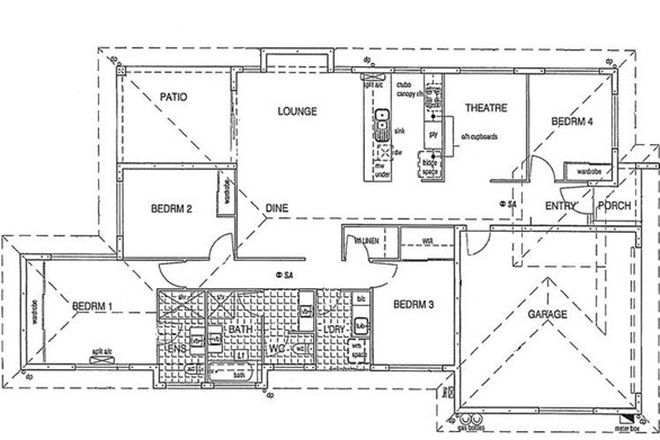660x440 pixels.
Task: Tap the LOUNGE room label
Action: coord(297,111)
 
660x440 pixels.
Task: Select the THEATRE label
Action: coord(482,108)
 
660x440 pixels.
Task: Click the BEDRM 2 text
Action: coord(171,209)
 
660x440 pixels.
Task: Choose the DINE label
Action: coord(277,208)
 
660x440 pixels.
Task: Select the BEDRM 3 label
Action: coord(412,304)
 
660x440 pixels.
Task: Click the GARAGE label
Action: coord(548,314)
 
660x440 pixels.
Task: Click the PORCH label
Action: coord(611,207)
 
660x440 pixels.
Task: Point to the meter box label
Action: coord(627,431)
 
